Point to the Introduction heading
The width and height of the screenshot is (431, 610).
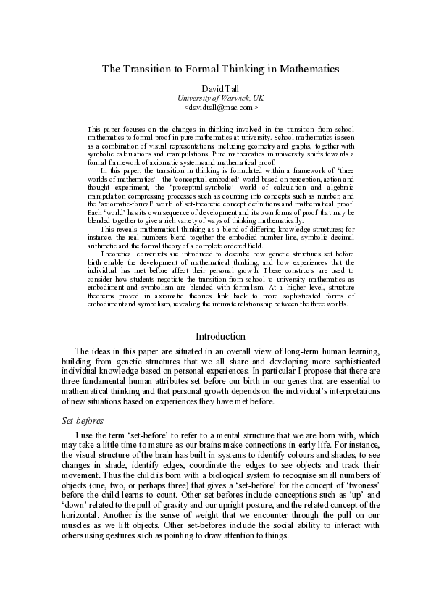[x=221, y=336]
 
